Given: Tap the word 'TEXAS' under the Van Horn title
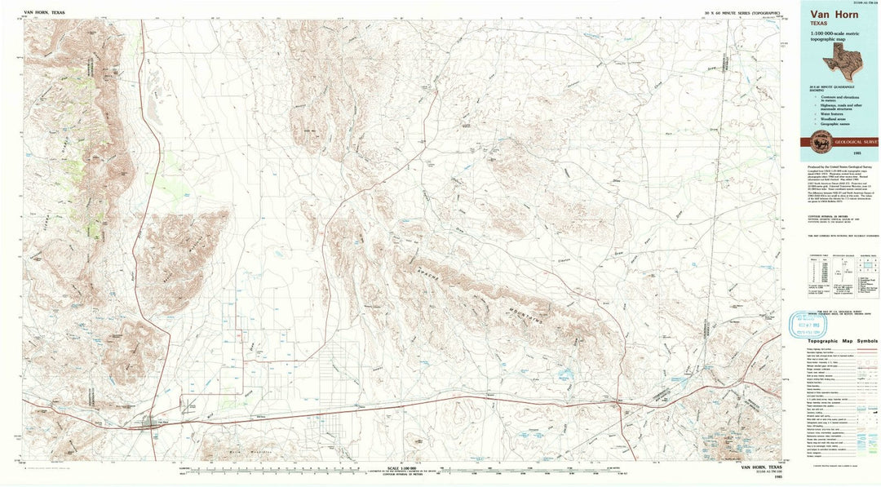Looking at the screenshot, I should coord(820,24).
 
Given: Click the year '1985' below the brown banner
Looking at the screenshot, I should coord(836,154).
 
